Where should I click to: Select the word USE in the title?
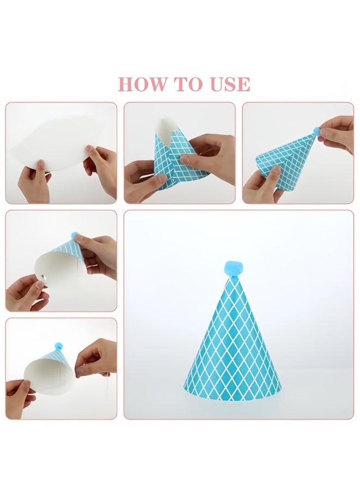click(x=226, y=84)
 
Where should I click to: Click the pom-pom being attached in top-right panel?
click(x=316, y=131)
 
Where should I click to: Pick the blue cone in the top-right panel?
click(x=286, y=161)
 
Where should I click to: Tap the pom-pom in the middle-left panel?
click(x=75, y=236)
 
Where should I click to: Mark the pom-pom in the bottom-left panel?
click(x=59, y=346)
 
